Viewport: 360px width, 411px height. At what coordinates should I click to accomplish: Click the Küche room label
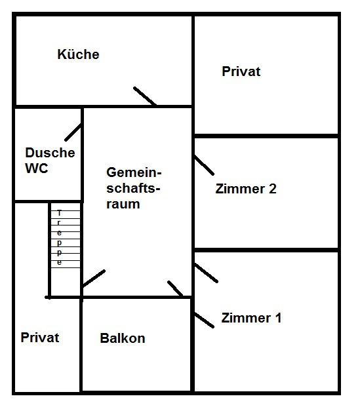pyautogui.click(x=78, y=54)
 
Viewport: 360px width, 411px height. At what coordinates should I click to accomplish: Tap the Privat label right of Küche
pyautogui.click(x=241, y=71)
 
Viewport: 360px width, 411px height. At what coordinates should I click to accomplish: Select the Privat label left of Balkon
pyautogui.click(x=40, y=338)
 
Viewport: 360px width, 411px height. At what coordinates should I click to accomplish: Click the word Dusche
pyautogui.click(x=50, y=153)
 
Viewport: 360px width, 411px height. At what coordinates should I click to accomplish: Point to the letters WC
pyautogui.click(x=37, y=168)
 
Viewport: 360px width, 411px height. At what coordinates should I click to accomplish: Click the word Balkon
pyautogui.click(x=123, y=338)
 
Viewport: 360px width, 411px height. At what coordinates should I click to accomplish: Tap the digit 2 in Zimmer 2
pyautogui.click(x=273, y=189)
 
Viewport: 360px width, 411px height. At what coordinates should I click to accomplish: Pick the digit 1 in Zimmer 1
pyautogui.click(x=278, y=318)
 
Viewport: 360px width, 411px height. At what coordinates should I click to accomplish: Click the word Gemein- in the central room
pyautogui.click(x=134, y=172)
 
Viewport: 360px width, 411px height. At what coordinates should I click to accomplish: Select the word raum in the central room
pyautogui.click(x=123, y=204)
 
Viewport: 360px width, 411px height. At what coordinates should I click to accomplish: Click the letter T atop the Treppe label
pyautogui.click(x=59, y=213)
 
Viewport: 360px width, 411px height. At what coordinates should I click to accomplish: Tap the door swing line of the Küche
pyautogui.click(x=145, y=96)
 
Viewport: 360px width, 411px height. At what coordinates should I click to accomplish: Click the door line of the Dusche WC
pyautogui.click(x=73, y=132)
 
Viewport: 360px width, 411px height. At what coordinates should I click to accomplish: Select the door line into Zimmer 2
pyautogui.click(x=204, y=165)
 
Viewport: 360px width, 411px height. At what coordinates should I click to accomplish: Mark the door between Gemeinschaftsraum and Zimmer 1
pyautogui.click(x=206, y=273)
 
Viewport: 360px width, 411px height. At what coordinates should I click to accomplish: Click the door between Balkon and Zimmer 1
pyautogui.click(x=204, y=320)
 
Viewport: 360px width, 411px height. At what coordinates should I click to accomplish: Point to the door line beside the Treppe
pyautogui.click(x=94, y=279)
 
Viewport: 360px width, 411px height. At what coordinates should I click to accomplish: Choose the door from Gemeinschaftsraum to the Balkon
pyautogui.click(x=175, y=288)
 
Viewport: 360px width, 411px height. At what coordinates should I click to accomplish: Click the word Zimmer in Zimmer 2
pyautogui.click(x=240, y=189)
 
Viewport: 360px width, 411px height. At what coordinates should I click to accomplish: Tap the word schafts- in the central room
pyautogui.click(x=133, y=188)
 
